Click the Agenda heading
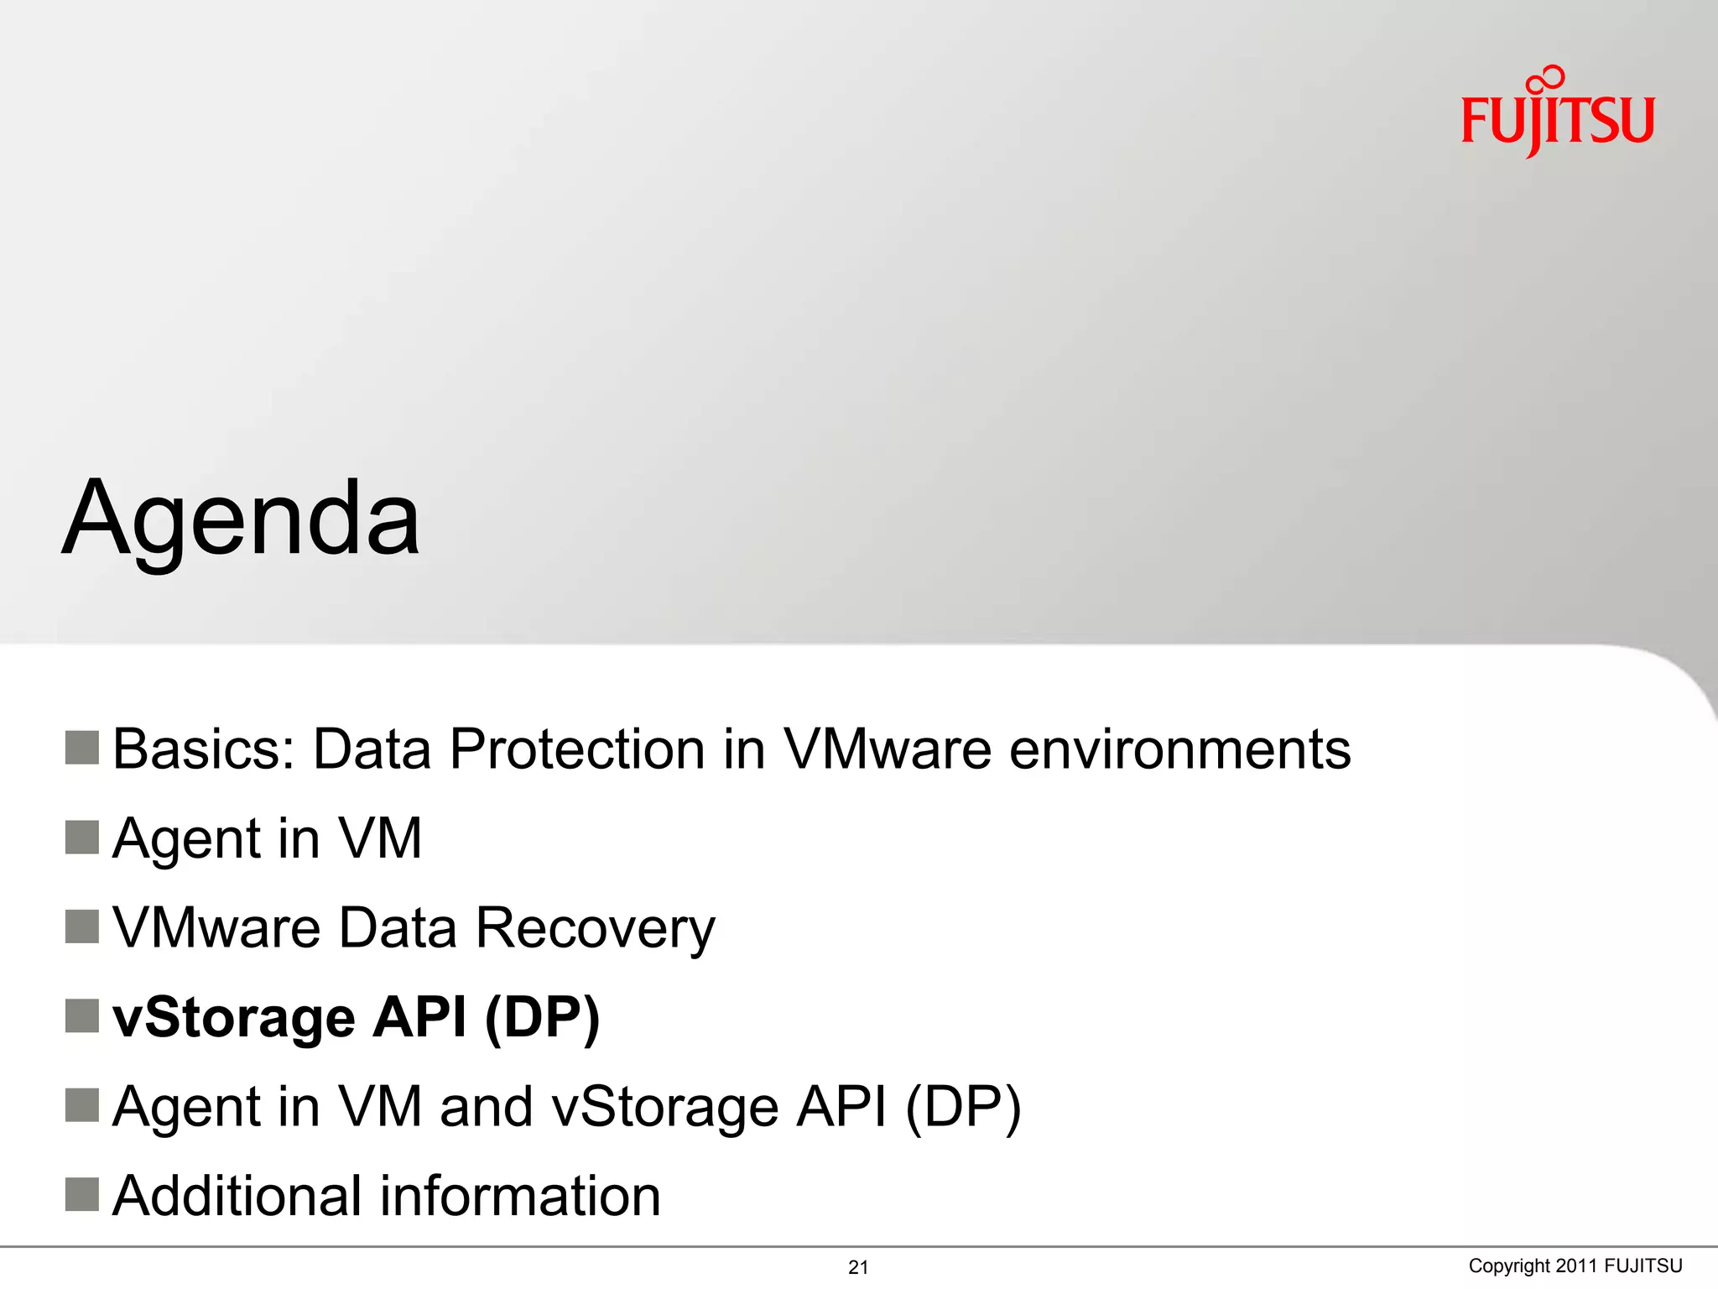[x=242, y=519]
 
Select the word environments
[x=1179, y=749]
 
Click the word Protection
[x=576, y=749]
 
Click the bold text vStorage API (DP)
[x=356, y=1018]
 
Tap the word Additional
[x=237, y=1196]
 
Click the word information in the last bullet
[x=520, y=1196]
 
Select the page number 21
[x=858, y=1267]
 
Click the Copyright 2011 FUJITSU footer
[x=1575, y=1266]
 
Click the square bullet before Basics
[x=82, y=748]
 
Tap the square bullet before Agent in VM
[x=82, y=838]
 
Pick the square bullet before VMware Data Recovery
[x=82, y=926]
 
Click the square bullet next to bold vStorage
[x=82, y=1016]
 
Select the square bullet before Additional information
[x=82, y=1194]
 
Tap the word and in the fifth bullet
[x=486, y=1107]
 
